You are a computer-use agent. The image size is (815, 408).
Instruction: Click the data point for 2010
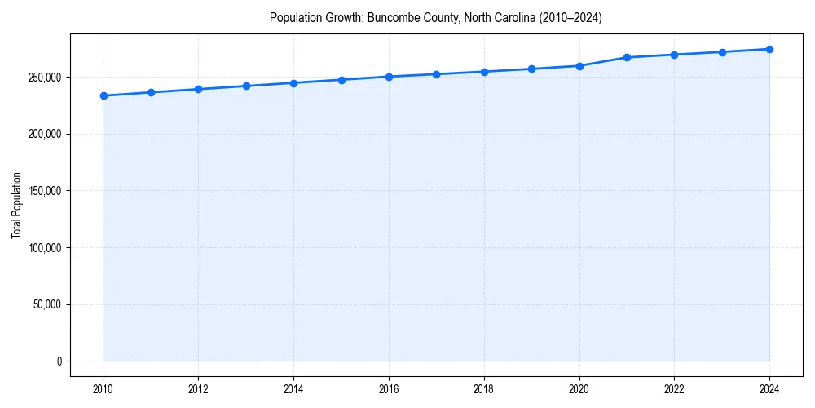click(104, 95)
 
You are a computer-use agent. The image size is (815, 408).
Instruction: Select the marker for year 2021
click(627, 57)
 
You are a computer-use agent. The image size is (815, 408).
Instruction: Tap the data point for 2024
click(769, 49)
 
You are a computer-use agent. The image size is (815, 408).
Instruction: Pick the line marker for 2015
click(341, 80)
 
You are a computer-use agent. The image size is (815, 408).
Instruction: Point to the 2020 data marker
click(579, 66)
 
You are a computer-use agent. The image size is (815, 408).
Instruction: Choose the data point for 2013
click(246, 86)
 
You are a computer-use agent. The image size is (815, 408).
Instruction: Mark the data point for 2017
click(437, 74)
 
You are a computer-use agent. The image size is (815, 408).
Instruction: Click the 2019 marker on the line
click(531, 69)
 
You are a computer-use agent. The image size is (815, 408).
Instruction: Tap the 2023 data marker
click(722, 52)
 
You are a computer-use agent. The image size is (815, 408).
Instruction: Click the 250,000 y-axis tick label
click(46, 78)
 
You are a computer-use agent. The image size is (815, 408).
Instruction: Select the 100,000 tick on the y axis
click(46, 248)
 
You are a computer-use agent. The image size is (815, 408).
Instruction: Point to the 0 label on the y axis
click(59, 361)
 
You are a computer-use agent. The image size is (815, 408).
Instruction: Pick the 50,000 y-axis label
click(48, 304)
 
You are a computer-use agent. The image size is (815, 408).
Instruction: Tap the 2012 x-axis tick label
click(198, 388)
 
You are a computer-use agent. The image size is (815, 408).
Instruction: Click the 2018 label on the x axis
click(484, 388)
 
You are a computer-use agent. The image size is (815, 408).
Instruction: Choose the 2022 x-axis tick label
click(674, 388)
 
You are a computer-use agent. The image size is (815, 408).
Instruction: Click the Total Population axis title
click(16, 205)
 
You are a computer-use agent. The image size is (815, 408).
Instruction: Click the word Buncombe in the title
click(390, 17)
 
